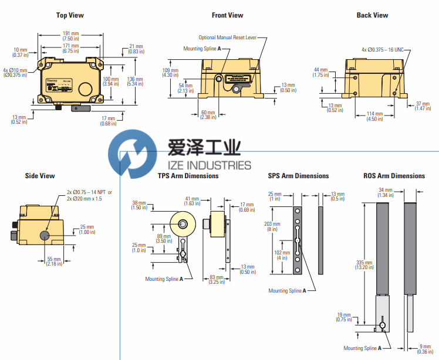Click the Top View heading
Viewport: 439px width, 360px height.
(69, 15)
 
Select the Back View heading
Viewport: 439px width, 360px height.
(372, 15)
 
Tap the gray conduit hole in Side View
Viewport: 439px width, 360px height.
(45, 236)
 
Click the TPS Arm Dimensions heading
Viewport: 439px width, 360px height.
(188, 176)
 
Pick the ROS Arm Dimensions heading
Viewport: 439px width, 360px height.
(394, 176)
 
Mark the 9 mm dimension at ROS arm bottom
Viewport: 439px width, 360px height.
(421, 349)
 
